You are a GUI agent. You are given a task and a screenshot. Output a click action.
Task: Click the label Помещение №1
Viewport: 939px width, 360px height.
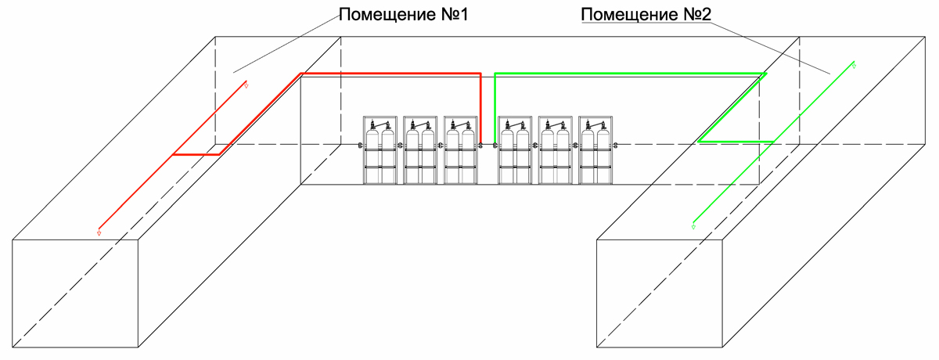pyautogui.click(x=403, y=15)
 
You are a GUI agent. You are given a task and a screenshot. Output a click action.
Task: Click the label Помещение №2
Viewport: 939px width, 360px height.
pyautogui.click(x=646, y=15)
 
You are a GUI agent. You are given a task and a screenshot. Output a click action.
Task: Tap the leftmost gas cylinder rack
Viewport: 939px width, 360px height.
pyautogui.click(x=380, y=150)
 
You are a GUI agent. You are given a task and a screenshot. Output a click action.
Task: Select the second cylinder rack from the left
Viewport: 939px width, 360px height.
pyautogui.click(x=420, y=150)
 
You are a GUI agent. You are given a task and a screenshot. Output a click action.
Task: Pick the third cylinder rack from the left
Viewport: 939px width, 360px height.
pyautogui.click(x=460, y=150)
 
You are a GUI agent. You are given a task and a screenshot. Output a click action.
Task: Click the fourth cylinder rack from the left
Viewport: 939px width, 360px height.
pyautogui.click(x=515, y=150)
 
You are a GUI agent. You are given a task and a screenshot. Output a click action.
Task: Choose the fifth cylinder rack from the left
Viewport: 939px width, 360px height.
pyautogui.click(x=555, y=150)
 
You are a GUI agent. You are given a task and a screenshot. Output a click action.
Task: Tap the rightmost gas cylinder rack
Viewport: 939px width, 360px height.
pyautogui.click(x=595, y=150)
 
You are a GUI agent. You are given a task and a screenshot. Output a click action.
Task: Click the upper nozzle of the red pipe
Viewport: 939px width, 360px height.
pyautogui.click(x=246, y=85)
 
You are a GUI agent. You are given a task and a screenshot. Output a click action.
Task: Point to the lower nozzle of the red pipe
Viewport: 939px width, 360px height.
pyautogui.click(x=99, y=232)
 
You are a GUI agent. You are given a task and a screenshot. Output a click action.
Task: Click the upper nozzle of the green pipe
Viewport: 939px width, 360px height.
pyautogui.click(x=854, y=66)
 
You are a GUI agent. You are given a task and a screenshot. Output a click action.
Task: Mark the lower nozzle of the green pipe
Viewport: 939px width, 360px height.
pyautogui.click(x=693, y=227)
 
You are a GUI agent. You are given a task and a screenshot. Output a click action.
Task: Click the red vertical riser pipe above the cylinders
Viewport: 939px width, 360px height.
pyautogui.click(x=480, y=108)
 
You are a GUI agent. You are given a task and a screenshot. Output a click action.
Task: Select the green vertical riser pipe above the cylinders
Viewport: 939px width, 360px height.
pyautogui.click(x=495, y=108)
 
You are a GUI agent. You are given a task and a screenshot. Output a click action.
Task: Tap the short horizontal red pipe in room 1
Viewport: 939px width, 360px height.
pyautogui.click(x=196, y=155)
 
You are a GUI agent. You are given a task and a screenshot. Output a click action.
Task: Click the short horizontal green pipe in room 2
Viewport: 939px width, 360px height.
pyautogui.click(x=736, y=142)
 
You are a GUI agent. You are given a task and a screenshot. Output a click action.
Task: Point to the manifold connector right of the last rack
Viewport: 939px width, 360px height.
pyautogui.click(x=615, y=146)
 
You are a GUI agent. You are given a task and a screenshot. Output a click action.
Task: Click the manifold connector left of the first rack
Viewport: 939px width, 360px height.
pyautogui.click(x=360, y=146)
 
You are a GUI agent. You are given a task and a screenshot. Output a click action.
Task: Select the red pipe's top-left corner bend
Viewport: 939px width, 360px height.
pyautogui.click(x=301, y=74)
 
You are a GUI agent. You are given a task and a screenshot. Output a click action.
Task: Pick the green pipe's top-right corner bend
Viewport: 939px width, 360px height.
pyautogui.click(x=766, y=74)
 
